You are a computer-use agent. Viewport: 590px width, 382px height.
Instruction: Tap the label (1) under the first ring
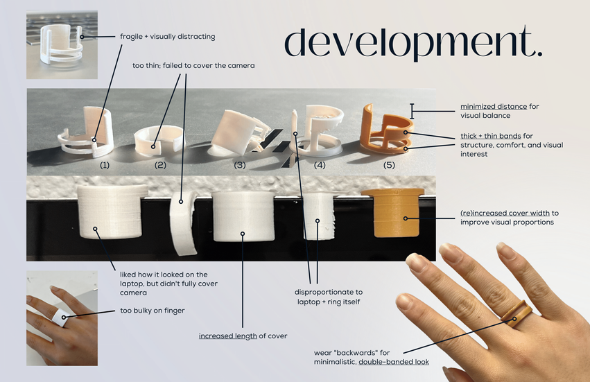click(x=105, y=165)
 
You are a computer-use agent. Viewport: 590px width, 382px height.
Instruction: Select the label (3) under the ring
click(x=240, y=165)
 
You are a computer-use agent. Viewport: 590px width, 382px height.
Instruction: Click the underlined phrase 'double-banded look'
click(x=393, y=362)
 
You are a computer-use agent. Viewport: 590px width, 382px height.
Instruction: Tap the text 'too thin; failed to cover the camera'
click(x=193, y=65)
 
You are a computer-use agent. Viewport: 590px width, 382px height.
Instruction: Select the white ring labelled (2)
click(x=158, y=139)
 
